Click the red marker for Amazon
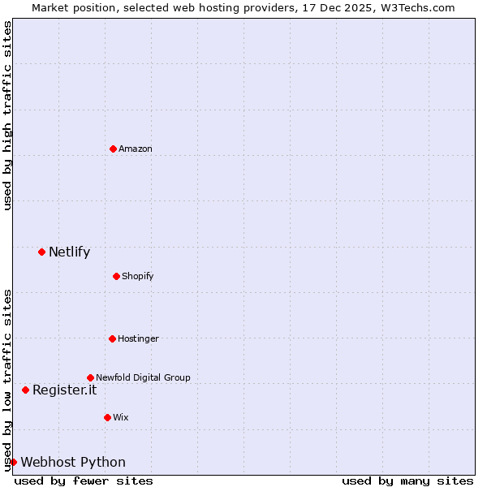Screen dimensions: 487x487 click(x=113, y=149)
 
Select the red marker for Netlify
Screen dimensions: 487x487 click(x=41, y=252)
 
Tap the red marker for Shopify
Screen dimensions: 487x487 click(x=116, y=276)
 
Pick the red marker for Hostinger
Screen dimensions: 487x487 click(x=112, y=338)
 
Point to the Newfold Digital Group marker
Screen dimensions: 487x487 click(x=90, y=377)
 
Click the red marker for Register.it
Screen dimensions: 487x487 click(x=25, y=390)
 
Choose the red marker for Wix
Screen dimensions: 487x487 click(x=107, y=417)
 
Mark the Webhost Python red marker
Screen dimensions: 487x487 click(x=13, y=462)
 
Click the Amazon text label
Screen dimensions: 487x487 click(x=136, y=149)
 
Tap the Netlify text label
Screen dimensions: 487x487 click(x=69, y=252)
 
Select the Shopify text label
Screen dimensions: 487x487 click(x=138, y=276)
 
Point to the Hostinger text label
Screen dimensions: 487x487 click(x=138, y=338)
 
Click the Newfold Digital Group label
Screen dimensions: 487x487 click(x=143, y=377)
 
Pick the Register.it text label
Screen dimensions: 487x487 click(x=64, y=390)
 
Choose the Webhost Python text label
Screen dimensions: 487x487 click(x=73, y=463)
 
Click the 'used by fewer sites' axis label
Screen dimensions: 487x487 click(x=84, y=481)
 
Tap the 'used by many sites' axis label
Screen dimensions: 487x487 click(x=407, y=481)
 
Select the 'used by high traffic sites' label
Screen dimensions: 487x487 click(x=7, y=115)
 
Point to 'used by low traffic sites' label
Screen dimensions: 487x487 click(x=7, y=380)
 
